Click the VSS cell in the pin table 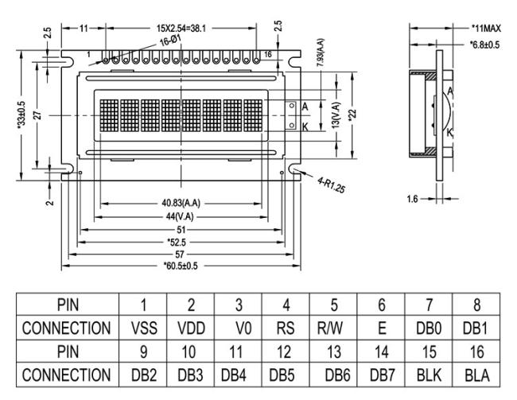tap(144, 328)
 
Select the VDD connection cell tap(191, 328)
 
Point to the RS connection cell tap(286, 328)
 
